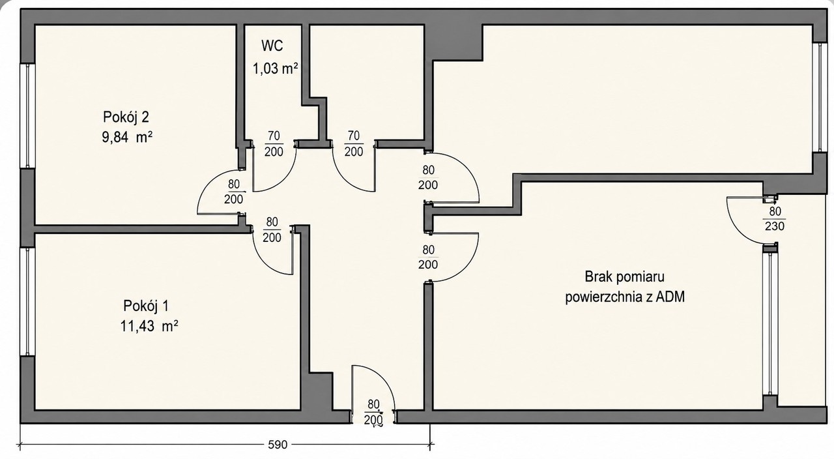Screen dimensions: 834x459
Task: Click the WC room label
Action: [272, 46]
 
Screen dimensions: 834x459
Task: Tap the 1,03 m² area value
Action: [276, 68]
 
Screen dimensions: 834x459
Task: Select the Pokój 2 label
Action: [126, 117]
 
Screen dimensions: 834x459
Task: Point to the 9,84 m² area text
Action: [127, 138]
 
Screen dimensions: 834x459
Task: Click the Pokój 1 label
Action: [146, 306]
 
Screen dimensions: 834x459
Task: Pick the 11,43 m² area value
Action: [149, 327]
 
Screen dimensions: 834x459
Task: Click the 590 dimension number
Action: [278, 445]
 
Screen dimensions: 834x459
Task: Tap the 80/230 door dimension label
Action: [775, 218]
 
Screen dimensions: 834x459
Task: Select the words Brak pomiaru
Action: [624, 277]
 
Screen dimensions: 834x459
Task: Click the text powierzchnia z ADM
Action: [625, 297]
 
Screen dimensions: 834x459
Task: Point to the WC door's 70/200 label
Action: [274, 144]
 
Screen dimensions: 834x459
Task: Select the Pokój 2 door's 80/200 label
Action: [234, 192]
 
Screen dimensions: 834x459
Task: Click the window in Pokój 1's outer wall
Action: [27, 302]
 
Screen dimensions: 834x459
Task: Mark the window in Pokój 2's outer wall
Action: [27, 116]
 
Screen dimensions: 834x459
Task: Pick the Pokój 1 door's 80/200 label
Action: [272, 230]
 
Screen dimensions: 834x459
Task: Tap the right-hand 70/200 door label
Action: [354, 143]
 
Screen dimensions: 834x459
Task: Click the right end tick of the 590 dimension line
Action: [431, 445]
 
